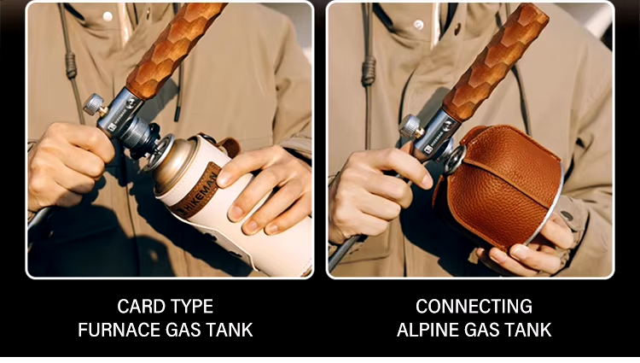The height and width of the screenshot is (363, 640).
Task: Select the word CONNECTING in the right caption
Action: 474,307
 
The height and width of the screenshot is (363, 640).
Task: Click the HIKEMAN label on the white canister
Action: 197,193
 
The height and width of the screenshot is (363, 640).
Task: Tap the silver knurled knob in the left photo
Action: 93,104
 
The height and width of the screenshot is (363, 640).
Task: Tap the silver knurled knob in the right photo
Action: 410,126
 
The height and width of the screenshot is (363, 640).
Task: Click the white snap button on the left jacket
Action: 108,16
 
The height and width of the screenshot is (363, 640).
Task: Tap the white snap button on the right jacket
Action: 419,25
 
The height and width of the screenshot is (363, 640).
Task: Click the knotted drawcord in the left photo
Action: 71,65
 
